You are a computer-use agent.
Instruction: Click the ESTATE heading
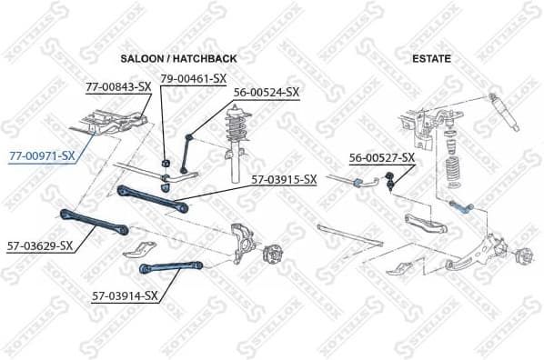coord(431,59)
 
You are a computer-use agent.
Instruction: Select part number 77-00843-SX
coord(117,87)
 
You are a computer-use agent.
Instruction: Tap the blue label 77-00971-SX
coord(42,156)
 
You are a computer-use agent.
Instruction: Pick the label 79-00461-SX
coord(194,79)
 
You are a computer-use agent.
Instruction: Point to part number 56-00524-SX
coord(266,92)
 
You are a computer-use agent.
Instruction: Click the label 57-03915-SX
coord(284,179)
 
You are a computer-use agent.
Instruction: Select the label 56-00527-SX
coord(382,157)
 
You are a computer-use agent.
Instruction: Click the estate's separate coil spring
coord(453,172)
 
